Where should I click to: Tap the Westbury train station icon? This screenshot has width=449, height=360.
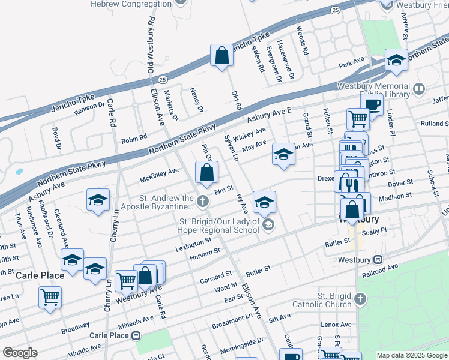click(378, 260)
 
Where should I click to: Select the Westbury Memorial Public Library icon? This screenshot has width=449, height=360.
click(419, 89)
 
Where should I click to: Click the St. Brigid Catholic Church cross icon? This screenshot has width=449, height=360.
click(360, 299)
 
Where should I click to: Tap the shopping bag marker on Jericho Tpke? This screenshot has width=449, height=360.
click(221, 56)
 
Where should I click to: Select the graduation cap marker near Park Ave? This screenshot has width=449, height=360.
click(396, 60)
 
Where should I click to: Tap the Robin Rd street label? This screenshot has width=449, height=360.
click(134, 139)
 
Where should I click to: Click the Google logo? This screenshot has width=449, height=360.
click(20, 353)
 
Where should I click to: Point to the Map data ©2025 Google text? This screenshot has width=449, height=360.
click(412, 355)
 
